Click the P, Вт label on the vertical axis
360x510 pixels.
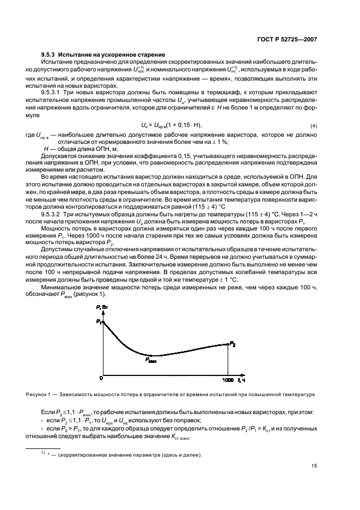tap(102, 309)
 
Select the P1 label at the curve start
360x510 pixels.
tap(99, 322)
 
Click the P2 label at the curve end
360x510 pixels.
tap(233, 344)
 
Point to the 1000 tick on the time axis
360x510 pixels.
tap(228, 379)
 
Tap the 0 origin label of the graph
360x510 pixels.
tap(101, 378)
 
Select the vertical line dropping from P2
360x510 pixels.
tap(228, 360)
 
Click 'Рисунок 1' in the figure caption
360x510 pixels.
tap(39, 394)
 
